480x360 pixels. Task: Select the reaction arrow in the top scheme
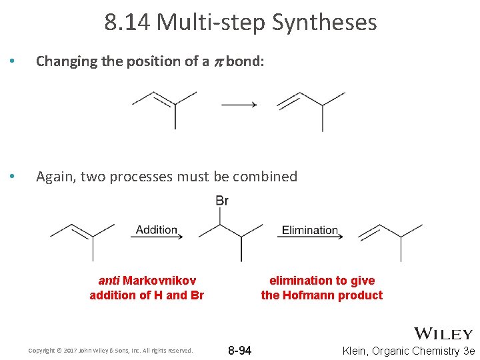[239, 104]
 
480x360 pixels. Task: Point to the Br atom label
[222, 201]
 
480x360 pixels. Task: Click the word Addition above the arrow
[157, 230]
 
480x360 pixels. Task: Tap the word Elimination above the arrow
[310, 230]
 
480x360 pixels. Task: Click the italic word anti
[109, 281]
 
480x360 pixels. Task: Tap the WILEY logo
[443, 334]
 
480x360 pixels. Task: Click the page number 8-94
[240, 351]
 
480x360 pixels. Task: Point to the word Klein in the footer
[357, 351]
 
